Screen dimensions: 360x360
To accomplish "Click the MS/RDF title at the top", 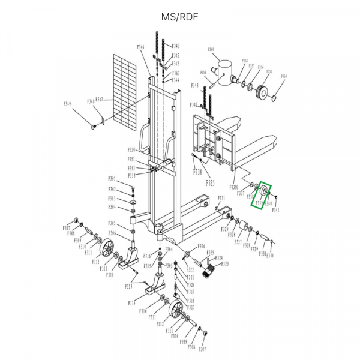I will (179, 16).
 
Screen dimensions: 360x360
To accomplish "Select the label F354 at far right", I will (284, 77).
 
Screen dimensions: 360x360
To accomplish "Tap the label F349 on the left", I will (67, 104).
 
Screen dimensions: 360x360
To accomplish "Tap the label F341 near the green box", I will (275, 210).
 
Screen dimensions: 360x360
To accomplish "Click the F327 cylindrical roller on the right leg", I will (245, 227).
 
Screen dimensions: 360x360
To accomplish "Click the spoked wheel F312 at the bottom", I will (176, 310).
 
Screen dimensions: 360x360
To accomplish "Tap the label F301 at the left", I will (112, 179).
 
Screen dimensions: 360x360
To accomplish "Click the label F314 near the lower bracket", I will (131, 304).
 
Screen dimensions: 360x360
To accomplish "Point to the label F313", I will (128, 287).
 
